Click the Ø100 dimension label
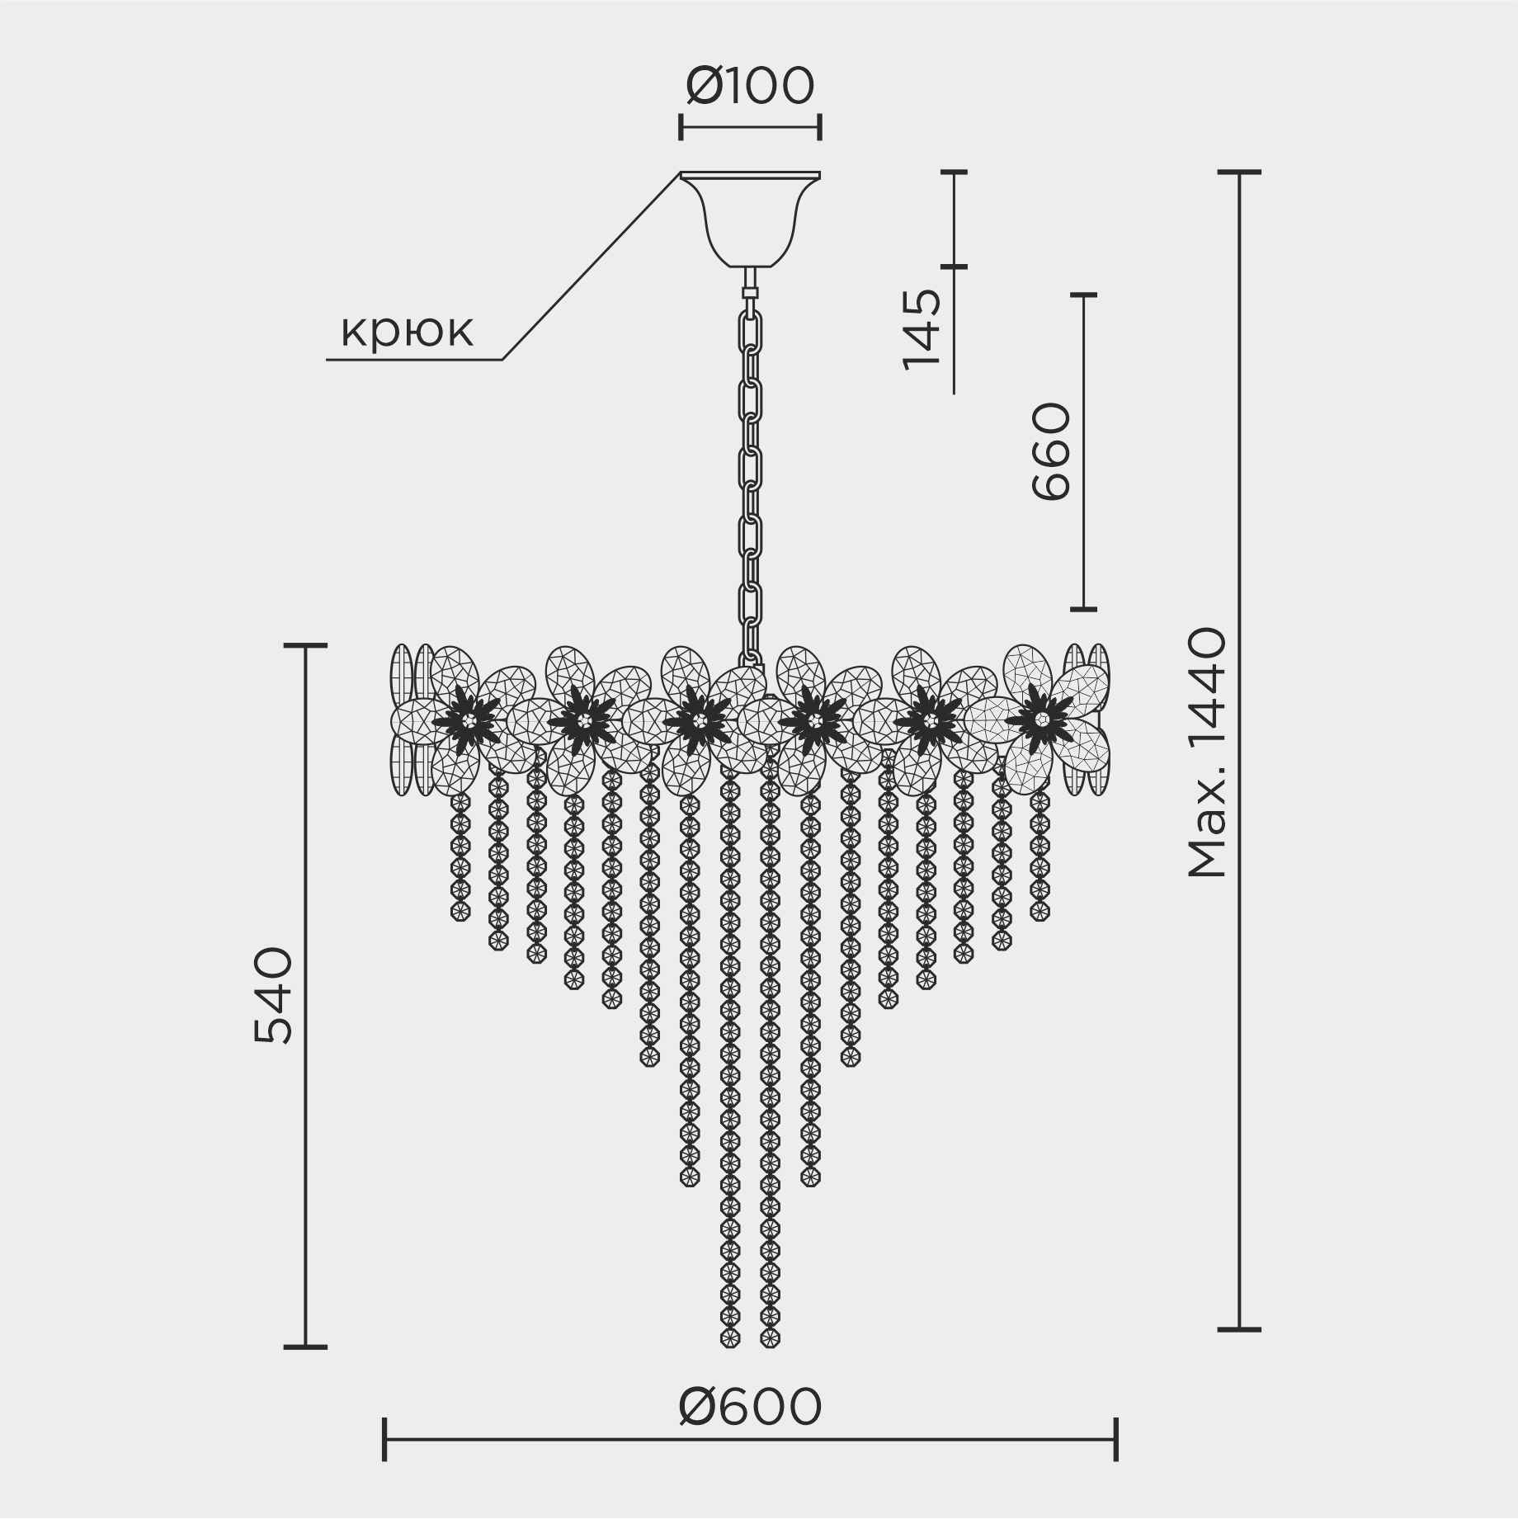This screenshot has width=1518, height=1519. (750, 87)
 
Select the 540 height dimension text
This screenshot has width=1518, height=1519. (274, 996)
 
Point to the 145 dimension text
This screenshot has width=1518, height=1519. (922, 329)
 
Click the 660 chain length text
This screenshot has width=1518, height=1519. (1051, 451)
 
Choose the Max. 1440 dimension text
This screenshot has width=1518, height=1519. (1207, 752)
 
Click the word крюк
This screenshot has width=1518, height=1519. (408, 332)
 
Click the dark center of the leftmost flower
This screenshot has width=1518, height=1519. (467, 719)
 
